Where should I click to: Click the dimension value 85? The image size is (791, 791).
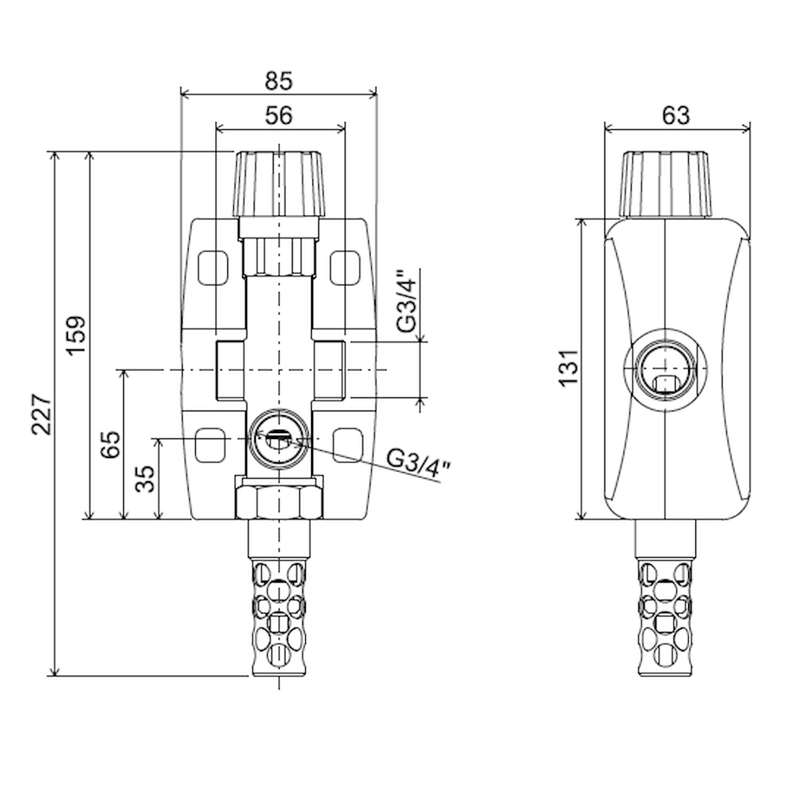point(278,81)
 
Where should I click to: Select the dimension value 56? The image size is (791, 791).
point(278,115)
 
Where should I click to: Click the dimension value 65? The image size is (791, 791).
point(111,445)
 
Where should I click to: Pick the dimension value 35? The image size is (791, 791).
point(146,479)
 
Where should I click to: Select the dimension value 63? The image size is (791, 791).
point(676,115)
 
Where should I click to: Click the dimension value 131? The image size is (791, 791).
point(568,368)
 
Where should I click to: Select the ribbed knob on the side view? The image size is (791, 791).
point(666,184)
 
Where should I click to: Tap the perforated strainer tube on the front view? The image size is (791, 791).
point(279,616)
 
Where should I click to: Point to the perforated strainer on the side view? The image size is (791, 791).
point(666,616)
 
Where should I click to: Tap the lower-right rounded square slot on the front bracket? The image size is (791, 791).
point(347,445)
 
